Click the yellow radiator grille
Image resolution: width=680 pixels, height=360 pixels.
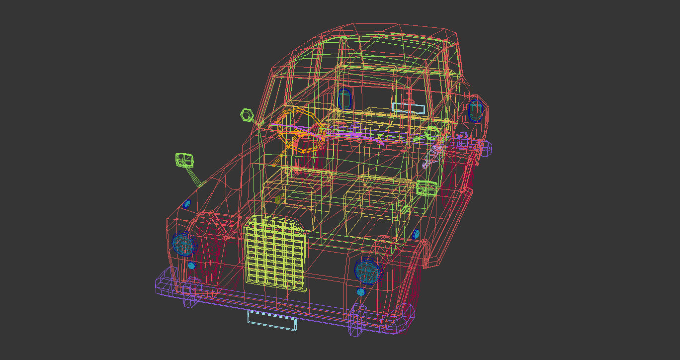275,254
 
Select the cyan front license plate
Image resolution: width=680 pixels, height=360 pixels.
272,319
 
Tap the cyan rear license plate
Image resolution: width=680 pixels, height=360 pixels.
409,108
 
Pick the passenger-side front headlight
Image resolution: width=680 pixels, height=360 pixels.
367,271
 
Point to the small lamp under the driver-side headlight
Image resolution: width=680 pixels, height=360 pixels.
192,266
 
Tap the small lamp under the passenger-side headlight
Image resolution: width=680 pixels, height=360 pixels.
361,292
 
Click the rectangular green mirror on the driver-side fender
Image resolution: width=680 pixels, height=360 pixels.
184,160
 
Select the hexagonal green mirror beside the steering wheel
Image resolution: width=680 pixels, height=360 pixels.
247,115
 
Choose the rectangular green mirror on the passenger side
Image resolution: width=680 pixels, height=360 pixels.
426,188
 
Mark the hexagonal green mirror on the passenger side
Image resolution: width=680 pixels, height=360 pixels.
431,133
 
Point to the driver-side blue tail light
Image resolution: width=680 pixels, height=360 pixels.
344,98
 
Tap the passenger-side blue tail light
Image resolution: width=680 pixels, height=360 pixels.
476,110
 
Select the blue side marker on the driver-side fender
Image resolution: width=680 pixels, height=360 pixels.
187,203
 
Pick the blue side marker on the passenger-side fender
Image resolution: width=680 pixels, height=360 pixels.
416,234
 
